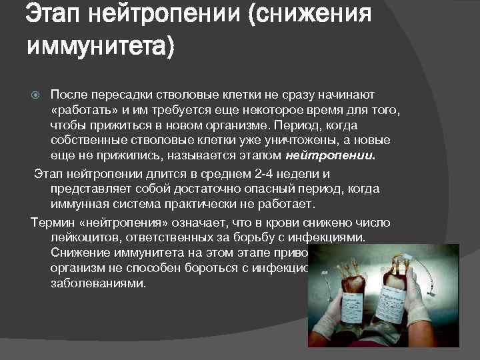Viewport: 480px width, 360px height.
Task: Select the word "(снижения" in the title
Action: [x=309, y=14]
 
